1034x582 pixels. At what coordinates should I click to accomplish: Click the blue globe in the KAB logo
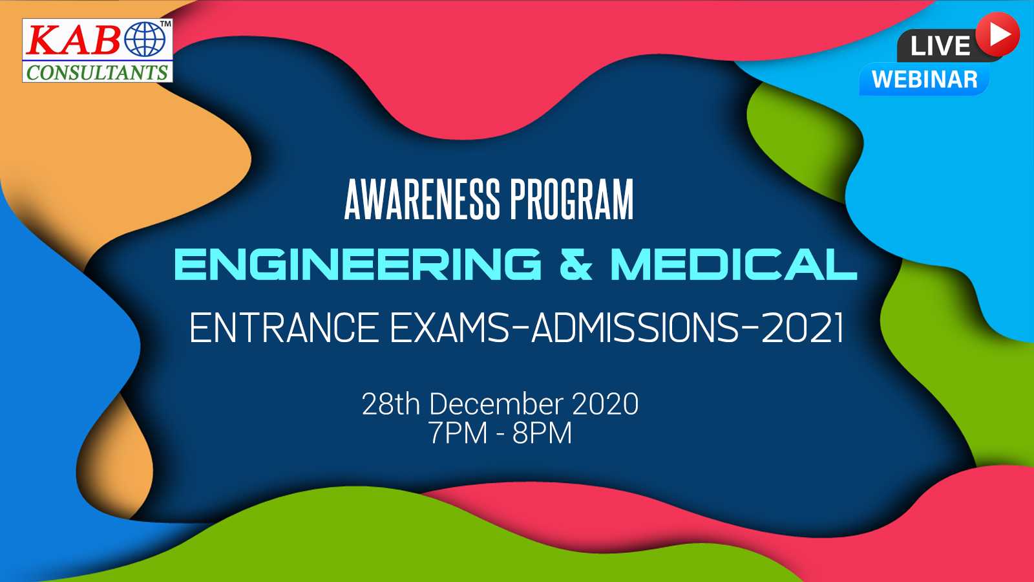coord(145,39)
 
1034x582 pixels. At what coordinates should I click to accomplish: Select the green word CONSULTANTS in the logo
coord(97,72)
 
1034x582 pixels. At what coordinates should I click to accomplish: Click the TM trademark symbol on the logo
coord(165,23)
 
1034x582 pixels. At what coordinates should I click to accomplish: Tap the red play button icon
coord(997,35)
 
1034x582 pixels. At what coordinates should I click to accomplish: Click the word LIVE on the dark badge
coord(940,46)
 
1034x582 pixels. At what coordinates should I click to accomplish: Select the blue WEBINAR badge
coord(925,79)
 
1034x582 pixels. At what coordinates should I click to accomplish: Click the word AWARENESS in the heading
coord(422,200)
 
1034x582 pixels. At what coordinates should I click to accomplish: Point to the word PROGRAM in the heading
coord(571,200)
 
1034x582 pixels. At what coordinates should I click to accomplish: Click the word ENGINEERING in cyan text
coord(358,264)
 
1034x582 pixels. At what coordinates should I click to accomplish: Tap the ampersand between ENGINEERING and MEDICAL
coord(576,264)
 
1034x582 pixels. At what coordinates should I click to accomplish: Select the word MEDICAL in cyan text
coord(734,264)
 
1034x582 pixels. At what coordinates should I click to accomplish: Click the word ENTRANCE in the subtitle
coord(284,327)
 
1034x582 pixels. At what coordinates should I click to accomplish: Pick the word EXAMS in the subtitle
coord(449,327)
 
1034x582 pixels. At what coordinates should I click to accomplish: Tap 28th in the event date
coord(391,404)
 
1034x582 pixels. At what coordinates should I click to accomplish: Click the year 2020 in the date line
coord(605,404)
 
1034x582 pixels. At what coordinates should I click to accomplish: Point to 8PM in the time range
coord(542,433)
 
